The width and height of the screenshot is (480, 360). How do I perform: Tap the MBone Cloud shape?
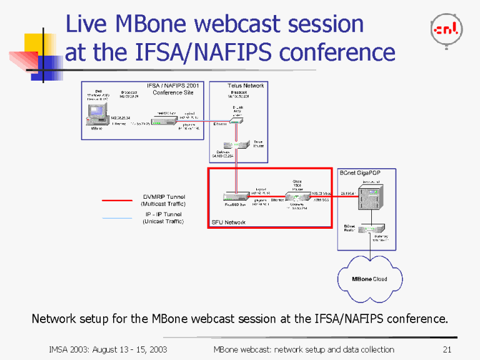[x=369, y=279]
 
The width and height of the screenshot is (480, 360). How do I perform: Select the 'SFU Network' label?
[x=228, y=222]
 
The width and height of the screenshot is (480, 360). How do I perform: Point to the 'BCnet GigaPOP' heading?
[x=359, y=172]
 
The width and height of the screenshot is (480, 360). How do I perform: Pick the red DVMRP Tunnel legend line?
[x=117, y=201]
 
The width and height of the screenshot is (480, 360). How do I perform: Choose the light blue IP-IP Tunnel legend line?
[x=117, y=218]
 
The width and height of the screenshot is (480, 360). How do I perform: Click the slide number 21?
[x=446, y=349]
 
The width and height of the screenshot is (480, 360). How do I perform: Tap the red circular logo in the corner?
[x=446, y=29]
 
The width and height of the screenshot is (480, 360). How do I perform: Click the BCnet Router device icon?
[x=375, y=228]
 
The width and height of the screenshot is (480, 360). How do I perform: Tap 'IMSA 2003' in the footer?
[x=69, y=349]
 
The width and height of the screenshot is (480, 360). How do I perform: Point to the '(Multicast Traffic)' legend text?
[x=163, y=204]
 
